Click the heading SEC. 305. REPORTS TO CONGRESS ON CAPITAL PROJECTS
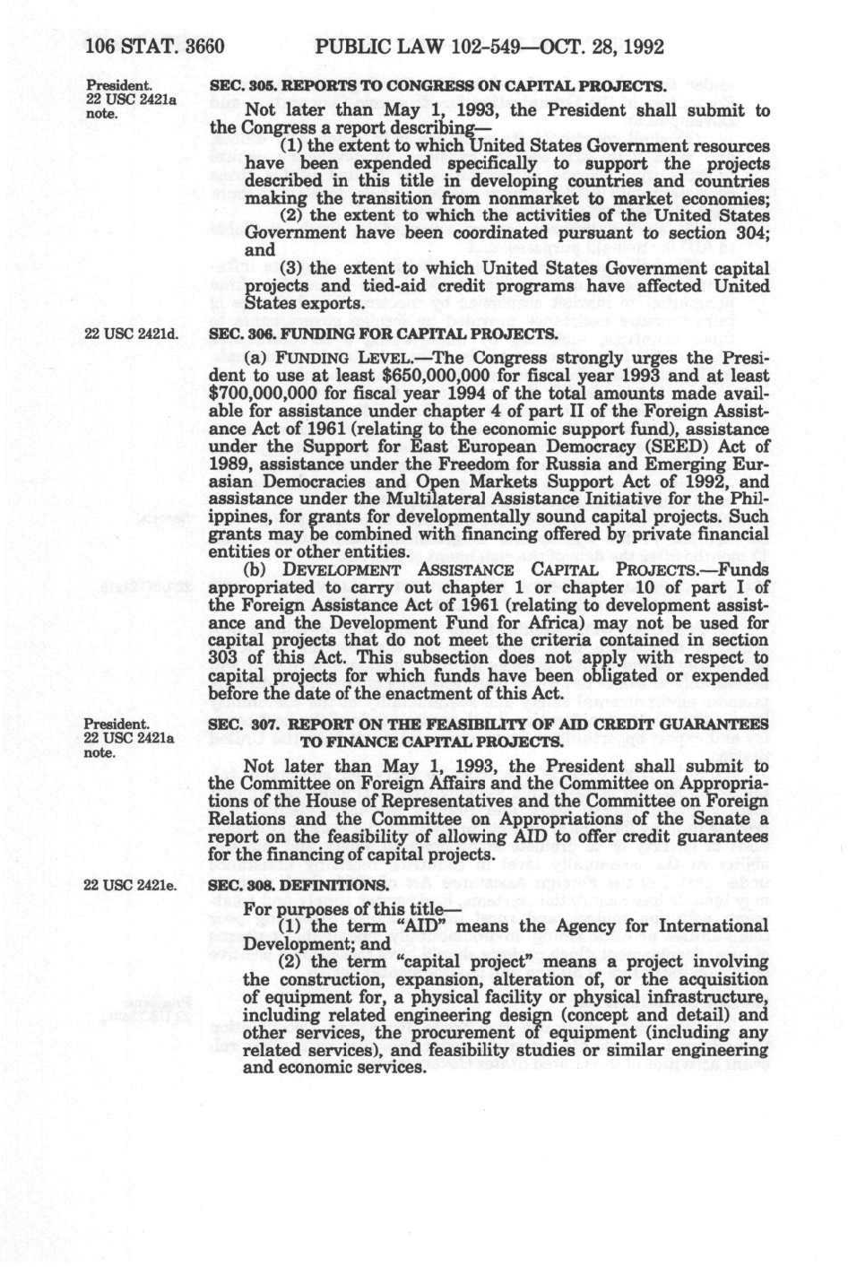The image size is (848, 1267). (437, 87)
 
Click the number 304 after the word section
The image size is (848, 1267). (723, 233)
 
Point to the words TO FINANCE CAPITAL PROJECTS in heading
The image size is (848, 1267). (432, 742)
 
